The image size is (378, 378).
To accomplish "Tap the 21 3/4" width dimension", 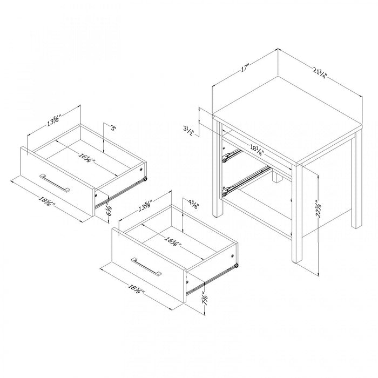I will tap(321, 73).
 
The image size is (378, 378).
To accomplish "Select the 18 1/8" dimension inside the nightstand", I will tap(256, 149).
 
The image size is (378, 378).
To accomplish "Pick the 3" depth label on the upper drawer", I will tap(113, 129).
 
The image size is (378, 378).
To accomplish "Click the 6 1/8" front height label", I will tap(108, 207).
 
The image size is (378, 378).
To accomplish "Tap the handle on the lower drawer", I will tap(146, 267).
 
